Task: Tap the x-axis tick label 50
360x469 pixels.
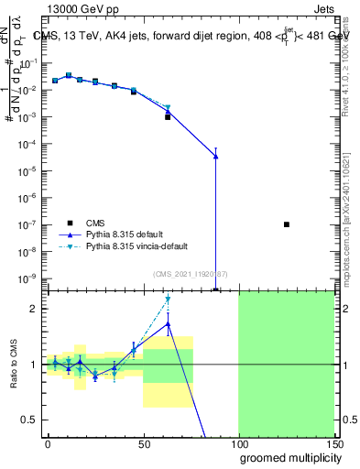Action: [x=142, y=442]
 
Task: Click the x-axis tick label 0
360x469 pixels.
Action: [x=48, y=442]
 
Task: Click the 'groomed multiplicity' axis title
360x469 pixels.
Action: [x=287, y=457]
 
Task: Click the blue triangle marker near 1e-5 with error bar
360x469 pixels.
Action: [x=215, y=157]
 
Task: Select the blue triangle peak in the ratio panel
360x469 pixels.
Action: [x=169, y=323]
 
